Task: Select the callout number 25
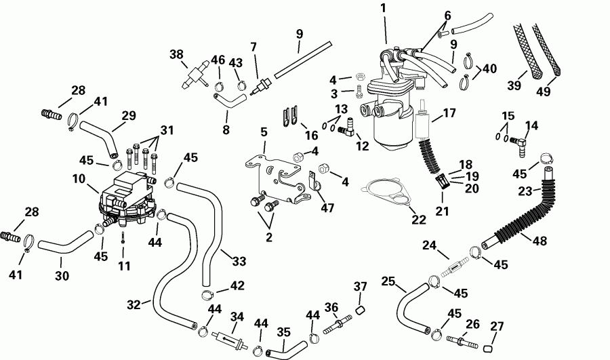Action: pos(387,281)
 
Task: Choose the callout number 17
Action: pos(450,113)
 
